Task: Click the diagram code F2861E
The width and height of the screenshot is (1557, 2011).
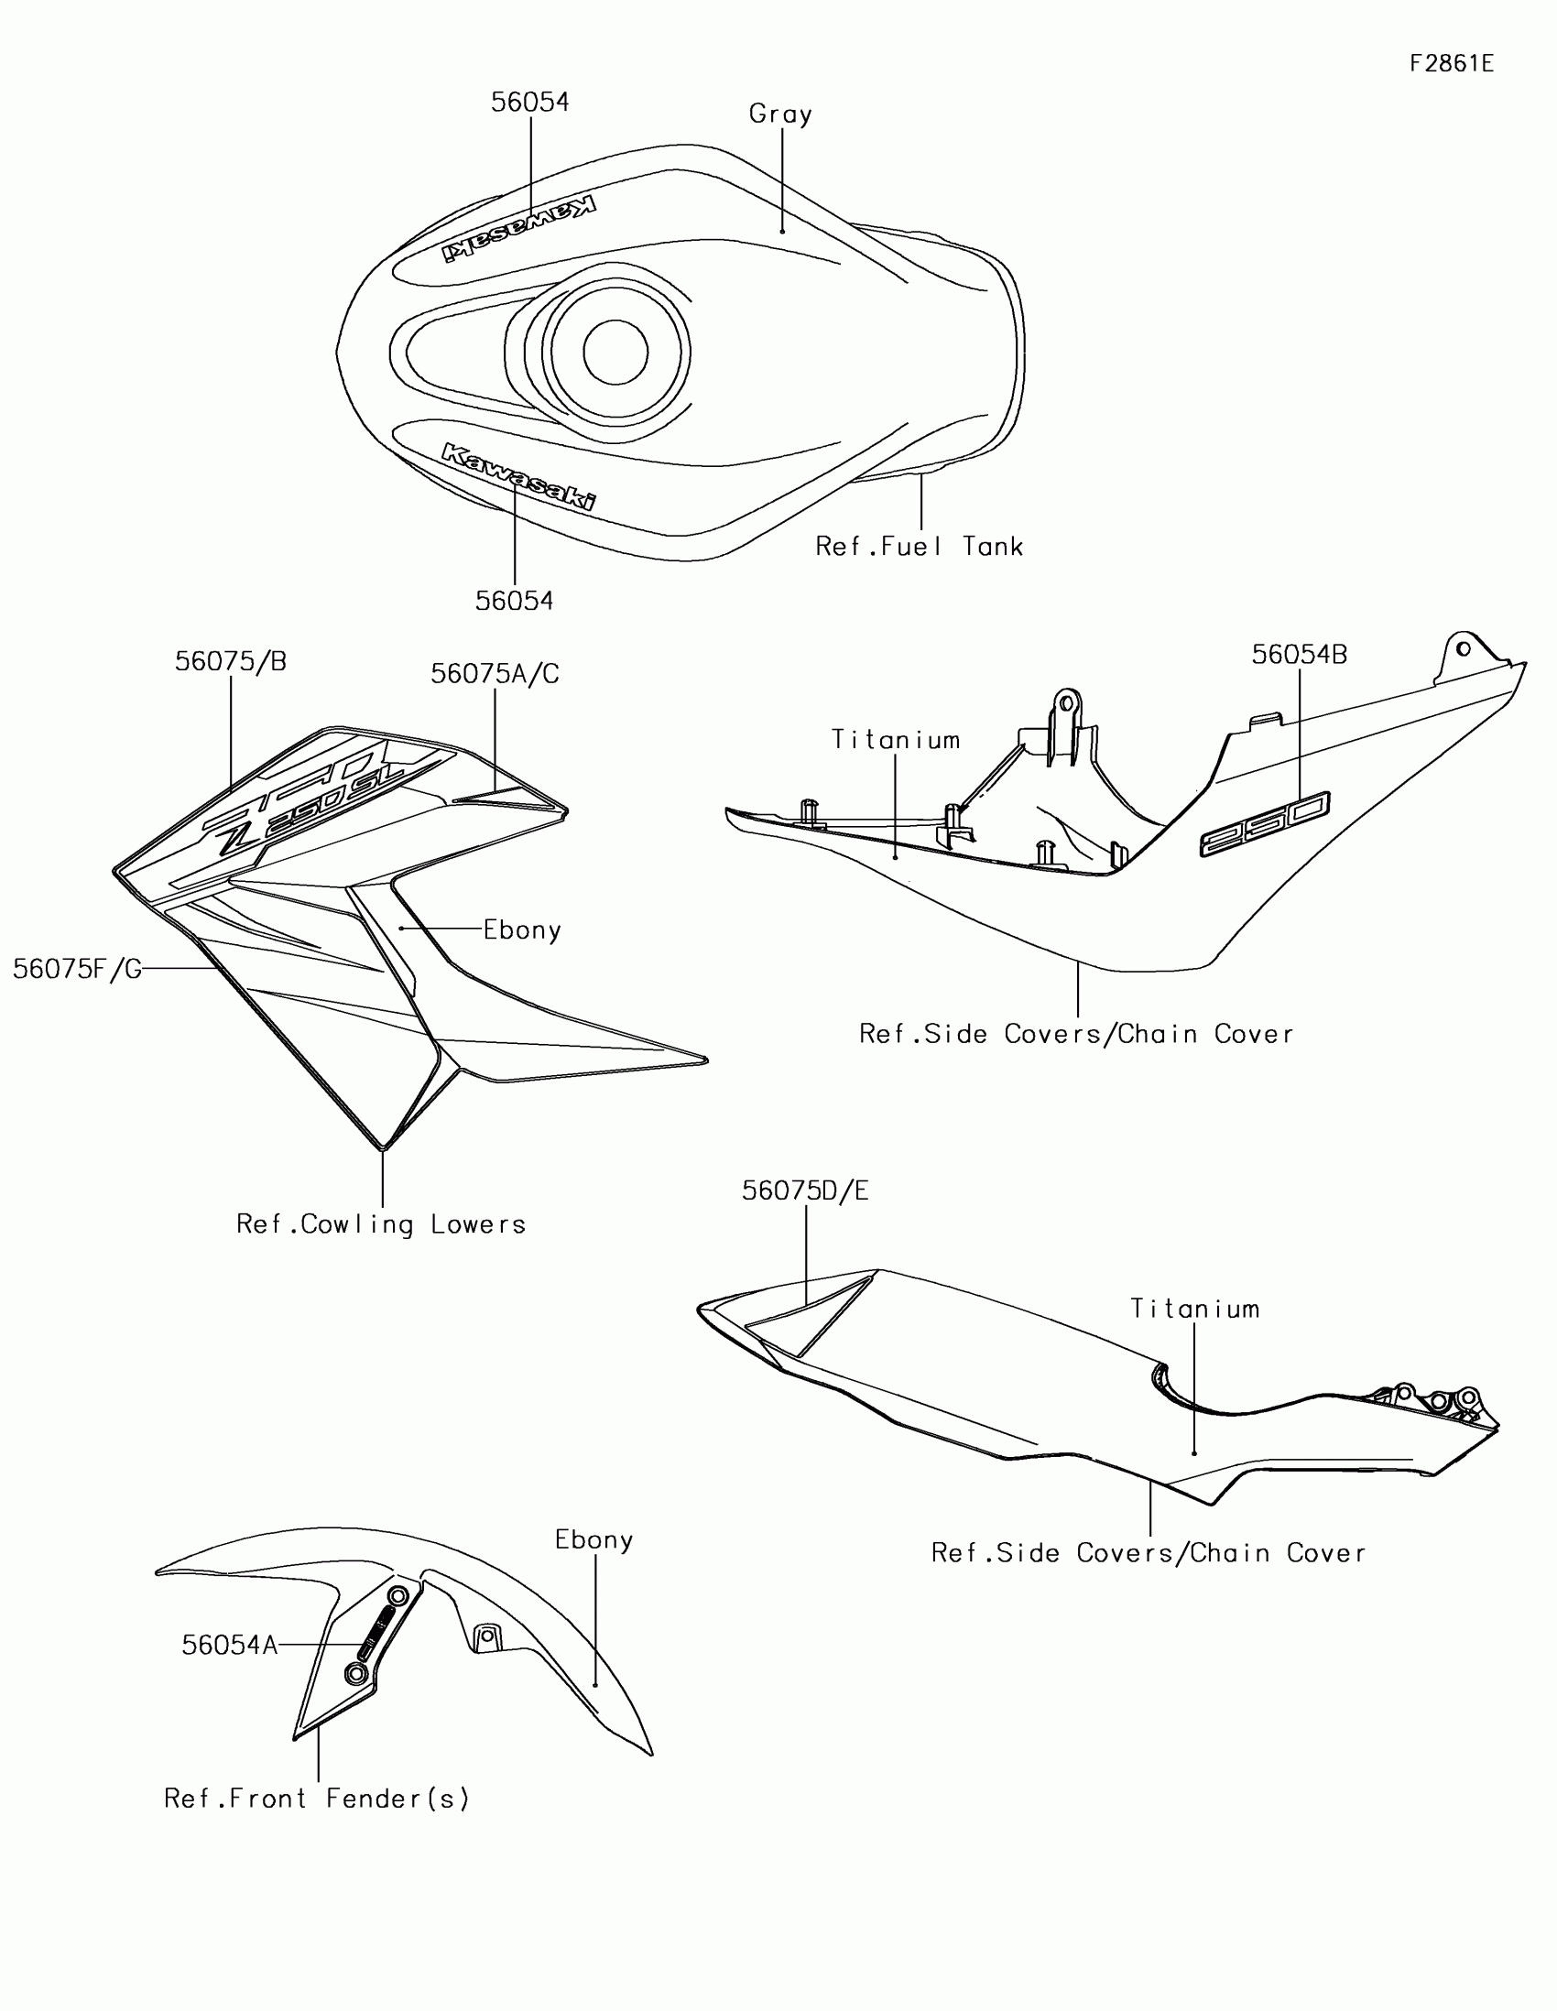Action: [x=1451, y=63]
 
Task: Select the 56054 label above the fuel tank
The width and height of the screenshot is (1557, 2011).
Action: [x=529, y=103]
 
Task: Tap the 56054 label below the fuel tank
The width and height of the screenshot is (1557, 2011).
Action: [x=514, y=602]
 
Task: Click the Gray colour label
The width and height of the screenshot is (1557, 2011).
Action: [x=780, y=114]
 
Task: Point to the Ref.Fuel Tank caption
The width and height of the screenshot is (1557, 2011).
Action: [x=919, y=547]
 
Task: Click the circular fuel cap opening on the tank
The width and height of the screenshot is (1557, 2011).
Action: [x=615, y=352]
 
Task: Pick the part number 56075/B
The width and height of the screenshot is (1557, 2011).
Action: [x=230, y=662]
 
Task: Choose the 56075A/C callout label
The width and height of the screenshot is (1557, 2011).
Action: [x=495, y=674]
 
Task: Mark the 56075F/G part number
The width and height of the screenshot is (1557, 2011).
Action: [x=77, y=969]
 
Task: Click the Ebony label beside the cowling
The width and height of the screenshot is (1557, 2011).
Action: [x=522, y=930]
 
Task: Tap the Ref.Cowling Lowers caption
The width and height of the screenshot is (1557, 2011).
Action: [x=381, y=1224]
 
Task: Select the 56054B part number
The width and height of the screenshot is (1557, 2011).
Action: [x=1300, y=655]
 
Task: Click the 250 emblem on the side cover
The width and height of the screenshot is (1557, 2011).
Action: [x=1264, y=823]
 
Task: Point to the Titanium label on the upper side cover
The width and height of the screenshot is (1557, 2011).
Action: [x=896, y=740]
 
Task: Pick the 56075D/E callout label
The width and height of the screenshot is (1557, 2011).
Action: [x=806, y=1191]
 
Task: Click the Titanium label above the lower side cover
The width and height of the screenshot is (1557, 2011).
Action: [x=1194, y=1310]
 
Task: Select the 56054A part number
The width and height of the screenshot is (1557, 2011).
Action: [x=229, y=1646]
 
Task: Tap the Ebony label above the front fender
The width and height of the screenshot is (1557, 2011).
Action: [x=593, y=1540]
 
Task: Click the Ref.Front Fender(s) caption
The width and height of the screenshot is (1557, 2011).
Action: [x=317, y=1799]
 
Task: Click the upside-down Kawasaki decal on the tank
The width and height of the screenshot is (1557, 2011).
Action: [x=518, y=227]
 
